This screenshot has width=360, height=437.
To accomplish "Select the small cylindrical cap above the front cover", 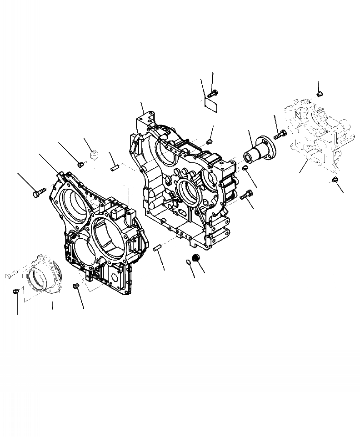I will (94, 155).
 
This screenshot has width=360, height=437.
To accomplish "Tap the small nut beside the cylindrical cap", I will (80, 164).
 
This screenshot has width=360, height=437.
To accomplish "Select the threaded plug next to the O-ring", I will (197, 258).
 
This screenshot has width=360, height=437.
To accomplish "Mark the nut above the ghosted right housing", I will (319, 94).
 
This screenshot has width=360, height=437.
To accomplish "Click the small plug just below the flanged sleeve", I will (245, 169).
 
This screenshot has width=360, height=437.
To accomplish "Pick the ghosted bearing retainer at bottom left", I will (47, 277).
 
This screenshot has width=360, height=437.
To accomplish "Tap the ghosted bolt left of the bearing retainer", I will (12, 275).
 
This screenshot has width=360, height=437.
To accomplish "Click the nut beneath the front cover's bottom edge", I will (76, 286).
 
